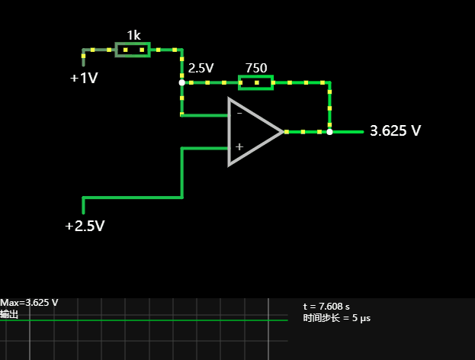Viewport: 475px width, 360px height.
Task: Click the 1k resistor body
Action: coord(132,50)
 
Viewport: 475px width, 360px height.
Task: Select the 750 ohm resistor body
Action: coord(256,82)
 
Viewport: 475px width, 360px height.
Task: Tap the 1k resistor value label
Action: coord(133,35)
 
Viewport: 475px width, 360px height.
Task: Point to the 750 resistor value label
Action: coord(256,68)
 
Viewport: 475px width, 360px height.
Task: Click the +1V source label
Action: coord(84,78)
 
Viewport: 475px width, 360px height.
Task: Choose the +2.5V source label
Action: coord(85,226)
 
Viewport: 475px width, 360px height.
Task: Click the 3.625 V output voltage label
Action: coord(395,131)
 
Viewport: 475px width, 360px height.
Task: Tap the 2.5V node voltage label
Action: coord(201,68)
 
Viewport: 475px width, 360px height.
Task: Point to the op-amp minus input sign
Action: coord(239,113)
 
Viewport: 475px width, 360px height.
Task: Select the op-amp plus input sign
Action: coord(239,146)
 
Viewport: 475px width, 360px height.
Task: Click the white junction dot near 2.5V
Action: coord(181,82)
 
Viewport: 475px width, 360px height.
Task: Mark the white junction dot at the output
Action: coord(329,131)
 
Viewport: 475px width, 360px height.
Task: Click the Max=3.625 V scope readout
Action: coord(30,303)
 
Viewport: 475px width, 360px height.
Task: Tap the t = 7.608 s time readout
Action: coord(326,307)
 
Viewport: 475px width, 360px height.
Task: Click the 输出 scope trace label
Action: coord(10,313)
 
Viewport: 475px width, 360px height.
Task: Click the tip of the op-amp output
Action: coord(284,131)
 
